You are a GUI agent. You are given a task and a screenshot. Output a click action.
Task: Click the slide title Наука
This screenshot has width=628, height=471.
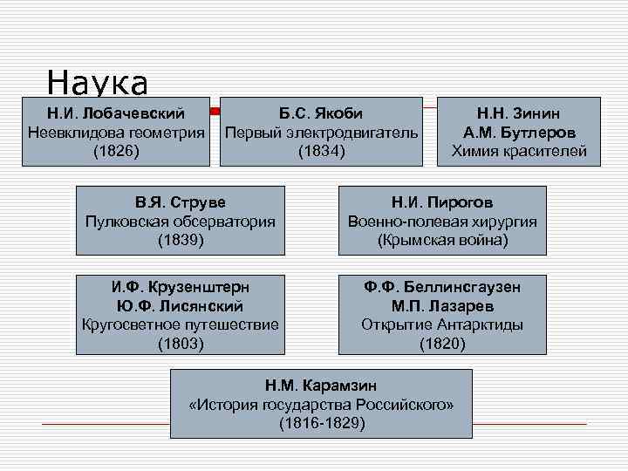point(98,84)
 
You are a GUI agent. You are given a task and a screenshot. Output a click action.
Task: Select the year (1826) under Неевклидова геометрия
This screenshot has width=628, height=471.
point(115,151)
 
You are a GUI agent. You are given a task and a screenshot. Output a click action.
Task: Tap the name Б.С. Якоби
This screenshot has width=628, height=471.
point(321,113)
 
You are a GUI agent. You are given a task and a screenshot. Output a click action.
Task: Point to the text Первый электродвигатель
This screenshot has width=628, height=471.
point(321,132)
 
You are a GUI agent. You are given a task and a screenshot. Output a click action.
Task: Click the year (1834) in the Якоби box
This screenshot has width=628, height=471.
point(321,151)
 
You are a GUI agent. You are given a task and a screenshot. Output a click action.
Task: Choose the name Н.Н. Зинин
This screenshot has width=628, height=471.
point(518,113)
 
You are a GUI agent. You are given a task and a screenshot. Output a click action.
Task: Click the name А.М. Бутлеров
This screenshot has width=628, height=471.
point(518,132)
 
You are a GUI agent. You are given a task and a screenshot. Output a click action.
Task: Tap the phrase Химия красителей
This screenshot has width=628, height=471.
point(518,151)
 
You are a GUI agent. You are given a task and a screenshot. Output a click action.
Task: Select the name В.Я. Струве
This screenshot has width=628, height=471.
point(181,202)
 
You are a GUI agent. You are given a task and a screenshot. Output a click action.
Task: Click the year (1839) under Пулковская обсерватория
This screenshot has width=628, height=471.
point(181,240)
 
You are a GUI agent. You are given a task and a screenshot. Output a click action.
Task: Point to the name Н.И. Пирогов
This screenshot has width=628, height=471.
point(442,202)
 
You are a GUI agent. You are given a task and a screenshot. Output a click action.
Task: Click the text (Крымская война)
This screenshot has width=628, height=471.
point(442,240)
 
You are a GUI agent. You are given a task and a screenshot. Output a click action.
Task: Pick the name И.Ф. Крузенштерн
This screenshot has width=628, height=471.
point(181,286)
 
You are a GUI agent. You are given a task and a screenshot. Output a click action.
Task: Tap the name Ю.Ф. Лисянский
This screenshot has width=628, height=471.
point(181,305)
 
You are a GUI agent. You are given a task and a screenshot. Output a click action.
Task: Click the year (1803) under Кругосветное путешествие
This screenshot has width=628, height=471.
point(181,344)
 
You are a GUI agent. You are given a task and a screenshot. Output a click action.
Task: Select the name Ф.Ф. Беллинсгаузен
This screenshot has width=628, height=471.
point(442,286)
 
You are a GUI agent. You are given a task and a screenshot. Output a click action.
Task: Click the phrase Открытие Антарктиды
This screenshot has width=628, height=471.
point(442,324)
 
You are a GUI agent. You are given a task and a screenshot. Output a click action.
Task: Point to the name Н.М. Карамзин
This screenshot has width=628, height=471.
point(321,385)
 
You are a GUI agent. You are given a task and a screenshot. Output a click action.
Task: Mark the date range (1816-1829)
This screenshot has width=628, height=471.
point(321,423)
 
